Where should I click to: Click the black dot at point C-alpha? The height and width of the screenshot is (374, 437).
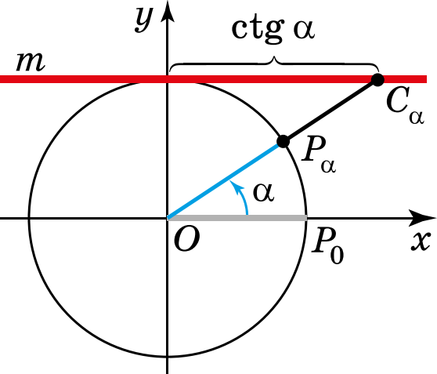(x=377, y=80)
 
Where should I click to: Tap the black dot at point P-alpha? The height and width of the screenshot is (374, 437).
(x=284, y=141)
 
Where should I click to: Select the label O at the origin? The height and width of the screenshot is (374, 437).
(x=186, y=239)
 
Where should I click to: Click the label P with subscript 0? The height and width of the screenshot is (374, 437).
(x=327, y=247)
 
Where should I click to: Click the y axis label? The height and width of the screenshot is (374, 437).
(x=144, y=19)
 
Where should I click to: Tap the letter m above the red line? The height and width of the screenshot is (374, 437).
(x=30, y=62)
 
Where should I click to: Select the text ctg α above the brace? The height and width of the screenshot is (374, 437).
(x=273, y=30)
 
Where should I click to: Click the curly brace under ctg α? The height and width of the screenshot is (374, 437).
(x=274, y=64)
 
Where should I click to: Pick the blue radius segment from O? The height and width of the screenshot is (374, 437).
(x=225, y=180)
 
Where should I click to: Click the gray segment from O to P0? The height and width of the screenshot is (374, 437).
(x=237, y=218)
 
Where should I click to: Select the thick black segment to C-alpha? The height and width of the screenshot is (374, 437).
(x=330, y=111)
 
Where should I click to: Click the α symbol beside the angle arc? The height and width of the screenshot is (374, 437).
(x=264, y=193)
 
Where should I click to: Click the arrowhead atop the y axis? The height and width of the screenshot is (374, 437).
(x=168, y=13)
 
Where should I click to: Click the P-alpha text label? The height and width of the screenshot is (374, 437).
(x=319, y=154)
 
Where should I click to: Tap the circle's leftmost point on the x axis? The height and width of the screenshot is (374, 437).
(x=28, y=218)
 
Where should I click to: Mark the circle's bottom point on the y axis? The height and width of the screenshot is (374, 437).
(x=168, y=357)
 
